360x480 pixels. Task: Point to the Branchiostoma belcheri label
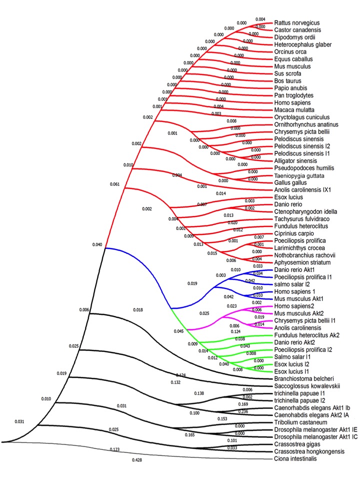[300, 378]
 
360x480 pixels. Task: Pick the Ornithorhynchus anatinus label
[306, 124]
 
